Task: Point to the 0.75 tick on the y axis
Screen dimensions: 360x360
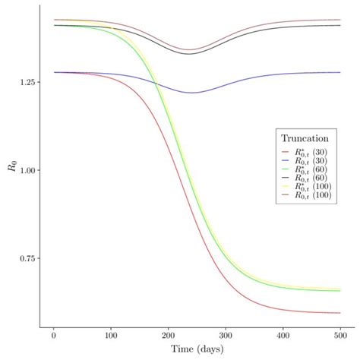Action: (27, 259)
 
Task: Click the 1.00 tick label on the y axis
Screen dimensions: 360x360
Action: (27, 170)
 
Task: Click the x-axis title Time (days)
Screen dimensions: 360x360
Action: (197, 349)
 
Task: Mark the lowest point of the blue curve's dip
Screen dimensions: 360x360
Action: (191, 93)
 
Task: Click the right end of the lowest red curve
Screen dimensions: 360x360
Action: (340, 313)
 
